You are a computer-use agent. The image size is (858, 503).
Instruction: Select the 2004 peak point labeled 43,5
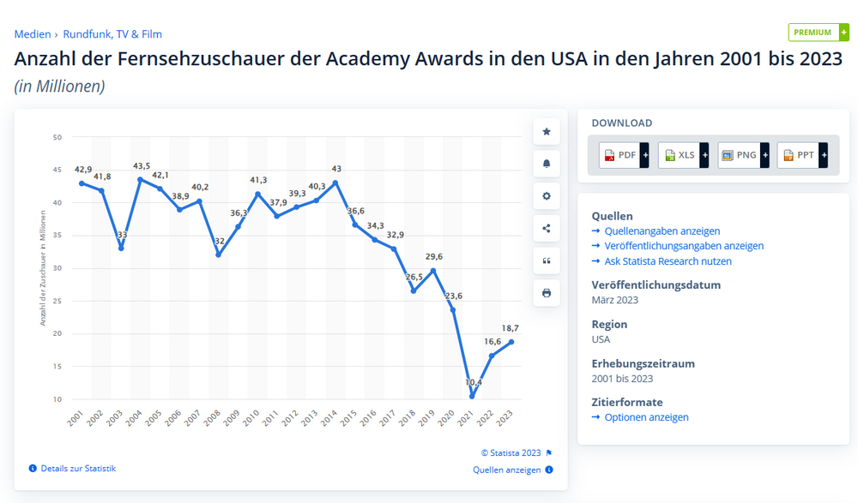(140, 179)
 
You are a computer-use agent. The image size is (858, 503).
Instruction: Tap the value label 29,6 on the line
(433, 256)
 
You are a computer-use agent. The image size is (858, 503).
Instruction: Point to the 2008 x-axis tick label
(212, 419)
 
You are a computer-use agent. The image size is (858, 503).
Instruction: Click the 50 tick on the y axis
(57, 137)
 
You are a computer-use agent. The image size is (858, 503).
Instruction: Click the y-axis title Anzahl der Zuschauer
(43, 268)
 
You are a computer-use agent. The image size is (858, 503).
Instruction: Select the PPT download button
(802, 155)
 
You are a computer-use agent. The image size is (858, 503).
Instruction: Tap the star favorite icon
(547, 132)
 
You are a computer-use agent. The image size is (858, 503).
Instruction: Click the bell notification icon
(547, 164)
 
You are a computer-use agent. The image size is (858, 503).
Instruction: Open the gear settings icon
(547, 196)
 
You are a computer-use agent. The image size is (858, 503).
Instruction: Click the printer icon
(547, 293)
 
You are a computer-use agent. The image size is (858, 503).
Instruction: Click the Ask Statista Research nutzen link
(668, 261)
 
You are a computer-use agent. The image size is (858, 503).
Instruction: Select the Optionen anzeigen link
(646, 417)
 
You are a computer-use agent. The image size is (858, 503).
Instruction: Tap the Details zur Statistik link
(77, 469)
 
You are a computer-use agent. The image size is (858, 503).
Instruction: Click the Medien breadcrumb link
(33, 34)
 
